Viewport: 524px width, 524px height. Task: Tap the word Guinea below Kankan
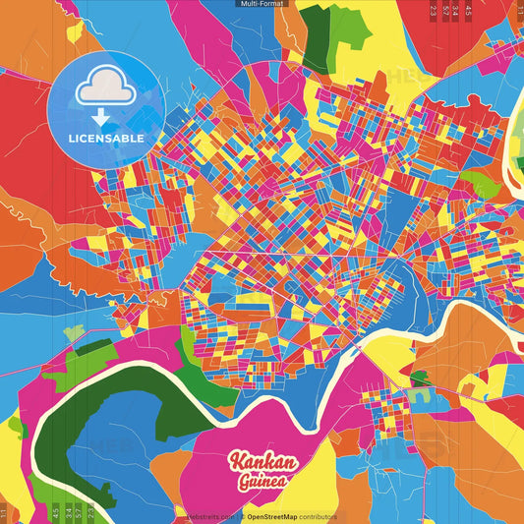point(261,482)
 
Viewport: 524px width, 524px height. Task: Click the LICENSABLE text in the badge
point(106,139)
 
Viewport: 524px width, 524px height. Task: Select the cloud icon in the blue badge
point(105,91)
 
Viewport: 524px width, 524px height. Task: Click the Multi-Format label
point(262,4)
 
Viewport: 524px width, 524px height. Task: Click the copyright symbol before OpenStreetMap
point(242,516)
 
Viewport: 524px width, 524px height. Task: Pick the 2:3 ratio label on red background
point(434,12)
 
